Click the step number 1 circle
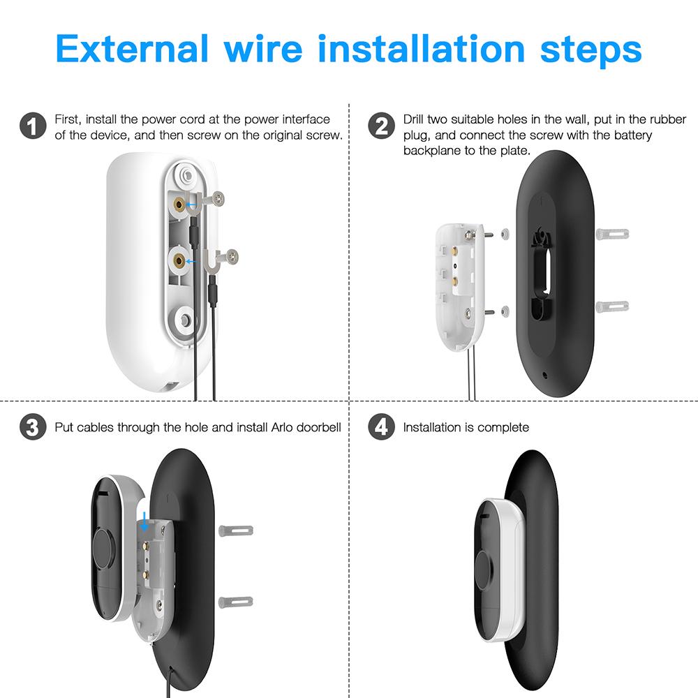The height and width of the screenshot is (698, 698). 31,127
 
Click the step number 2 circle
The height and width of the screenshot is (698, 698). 380,127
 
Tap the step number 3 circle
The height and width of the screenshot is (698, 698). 31,427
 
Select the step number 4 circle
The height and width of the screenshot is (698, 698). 380,427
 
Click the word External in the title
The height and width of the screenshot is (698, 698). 132,49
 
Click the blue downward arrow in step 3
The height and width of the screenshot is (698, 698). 144,520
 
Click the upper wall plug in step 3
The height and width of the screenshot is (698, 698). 236,530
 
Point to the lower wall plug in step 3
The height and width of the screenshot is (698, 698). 236,601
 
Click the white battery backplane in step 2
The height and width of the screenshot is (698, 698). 457,283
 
